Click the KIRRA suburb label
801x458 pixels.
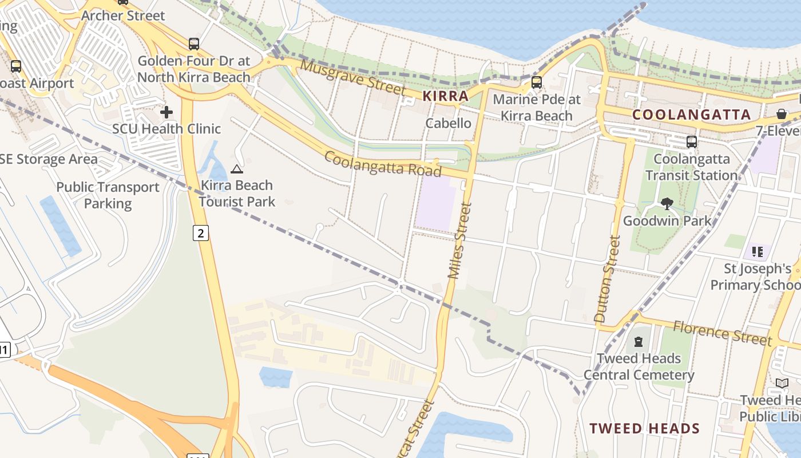pyautogui.click(x=445, y=96)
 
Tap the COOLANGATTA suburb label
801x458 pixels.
pyautogui.click(x=691, y=114)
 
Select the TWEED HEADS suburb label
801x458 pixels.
pyautogui.click(x=644, y=428)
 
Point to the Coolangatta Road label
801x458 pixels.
pyautogui.click(x=383, y=164)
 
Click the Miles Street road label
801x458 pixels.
pyautogui.click(x=461, y=240)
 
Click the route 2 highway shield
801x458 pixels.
pyautogui.click(x=200, y=233)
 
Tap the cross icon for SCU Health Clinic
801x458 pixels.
pyautogui.click(x=166, y=112)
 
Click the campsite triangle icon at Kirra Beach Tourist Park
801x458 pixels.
pyautogui.click(x=237, y=169)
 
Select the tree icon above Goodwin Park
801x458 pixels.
pyautogui.click(x=667, y=203)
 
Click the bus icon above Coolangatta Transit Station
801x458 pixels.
pyautogui.click(x=692, y=141)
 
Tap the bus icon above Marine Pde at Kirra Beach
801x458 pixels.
pyautogui.click(x=536, y=82)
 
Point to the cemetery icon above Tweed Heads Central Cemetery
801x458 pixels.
pyautogui.click(x=638, y=342)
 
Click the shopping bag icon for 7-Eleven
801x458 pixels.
pyautogui.click(x=782, y=114)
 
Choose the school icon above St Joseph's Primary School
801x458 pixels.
pyautogui.click(x=758, y=251)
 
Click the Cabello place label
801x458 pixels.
pyautogui.click(x=448, y=123)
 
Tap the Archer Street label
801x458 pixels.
pyautogui.click(x=123, y=15)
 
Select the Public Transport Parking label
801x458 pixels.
pyautogui.click(x=108, y=195)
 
